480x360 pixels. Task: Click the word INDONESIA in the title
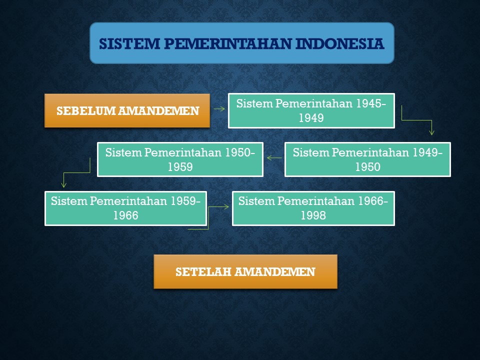coord(340,44)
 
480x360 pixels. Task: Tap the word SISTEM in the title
coord(129,44)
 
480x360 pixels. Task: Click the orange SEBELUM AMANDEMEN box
coord(127,110)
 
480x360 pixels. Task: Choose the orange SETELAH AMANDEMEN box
coord(245,271)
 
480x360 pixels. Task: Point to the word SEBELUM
coord(85,111)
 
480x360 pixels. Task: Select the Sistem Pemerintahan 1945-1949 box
coord(311,110)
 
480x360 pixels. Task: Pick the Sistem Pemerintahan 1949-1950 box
coord(367,159)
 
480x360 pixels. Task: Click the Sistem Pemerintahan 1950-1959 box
coord(180,159)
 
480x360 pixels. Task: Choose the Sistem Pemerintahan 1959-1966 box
coord(126,208)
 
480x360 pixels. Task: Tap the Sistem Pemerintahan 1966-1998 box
coord(313,208)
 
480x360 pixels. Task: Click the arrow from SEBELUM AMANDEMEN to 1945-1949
coord(219,108)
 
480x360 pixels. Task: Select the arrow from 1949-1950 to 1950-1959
coord(274,158)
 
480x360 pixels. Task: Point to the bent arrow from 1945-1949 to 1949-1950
coord(417,120)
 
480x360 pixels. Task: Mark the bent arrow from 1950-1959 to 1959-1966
coord(76,173)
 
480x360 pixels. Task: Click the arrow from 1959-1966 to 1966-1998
coord(208,217)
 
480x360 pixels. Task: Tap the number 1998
coord(313,215)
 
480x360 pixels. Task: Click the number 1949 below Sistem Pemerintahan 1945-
coord(311,118)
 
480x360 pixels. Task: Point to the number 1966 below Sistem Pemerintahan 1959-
coord(126,215)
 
